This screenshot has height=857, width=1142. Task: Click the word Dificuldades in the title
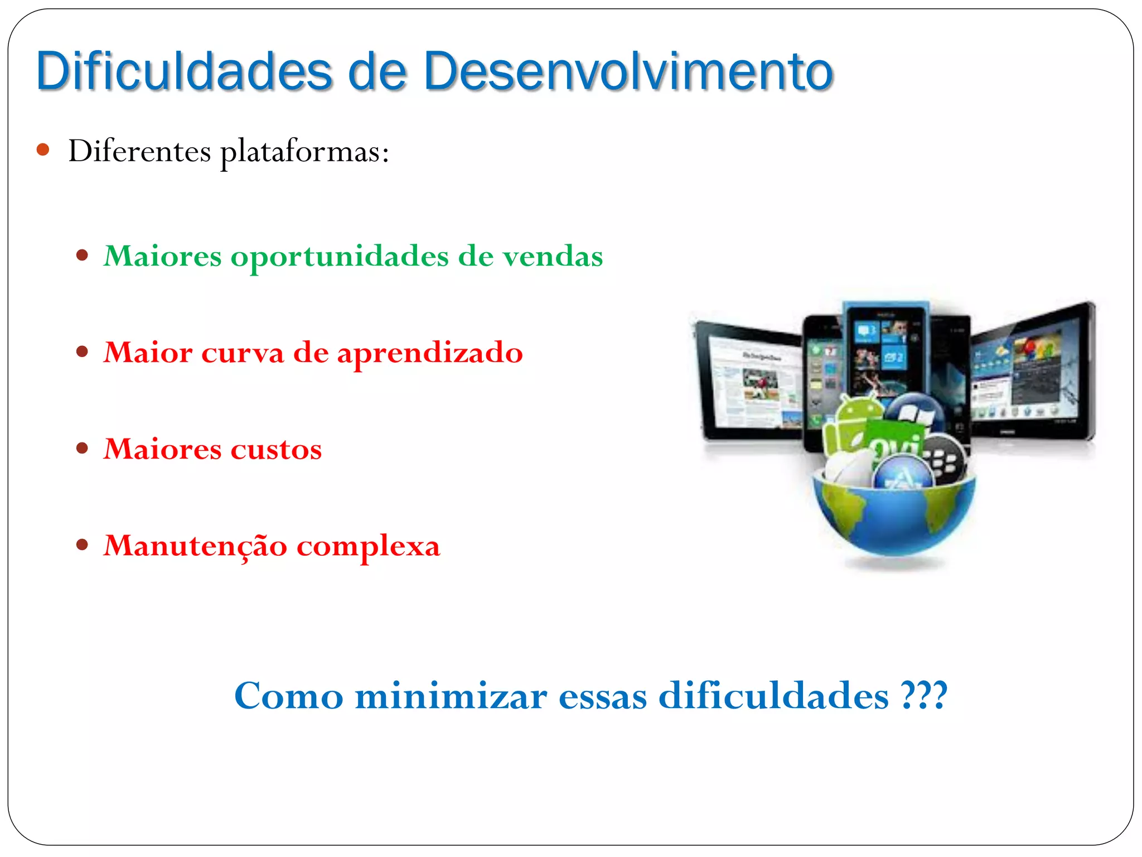184,71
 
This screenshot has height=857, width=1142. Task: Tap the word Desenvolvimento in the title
627,71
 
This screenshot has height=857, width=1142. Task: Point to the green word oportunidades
339,257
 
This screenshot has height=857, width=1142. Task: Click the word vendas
552,256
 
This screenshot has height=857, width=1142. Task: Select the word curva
242,353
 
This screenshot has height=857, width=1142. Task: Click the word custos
276,449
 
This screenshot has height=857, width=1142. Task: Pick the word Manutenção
195,546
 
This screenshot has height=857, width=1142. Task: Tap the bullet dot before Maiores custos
83,448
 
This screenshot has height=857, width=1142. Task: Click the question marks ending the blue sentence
924,695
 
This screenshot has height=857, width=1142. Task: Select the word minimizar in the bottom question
451,696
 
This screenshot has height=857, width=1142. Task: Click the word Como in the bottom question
288,696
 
